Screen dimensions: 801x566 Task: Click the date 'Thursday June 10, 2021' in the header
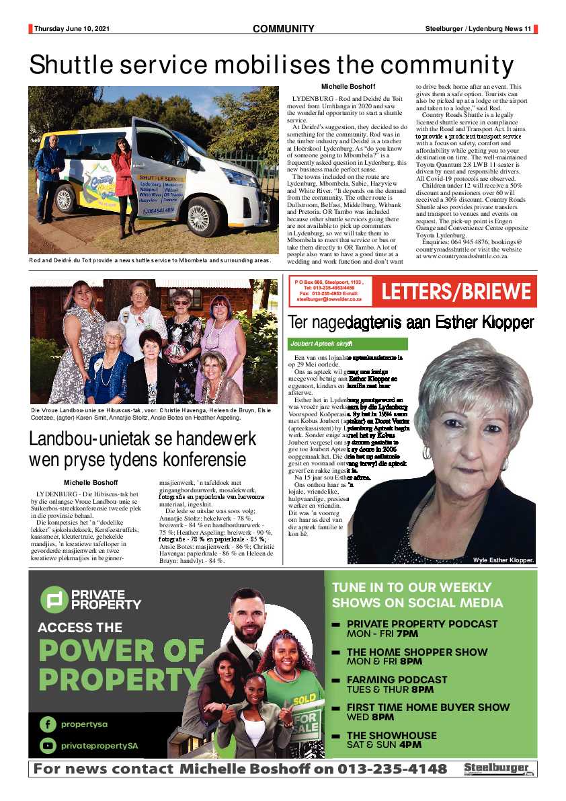[x=71, y=29]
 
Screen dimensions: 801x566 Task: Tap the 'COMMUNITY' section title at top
[x=283, y=29]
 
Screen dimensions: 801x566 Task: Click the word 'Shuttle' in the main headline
[x=74, y=65]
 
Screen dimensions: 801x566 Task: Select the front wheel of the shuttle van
[x=198, y=217]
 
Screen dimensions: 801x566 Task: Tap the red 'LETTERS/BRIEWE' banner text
[x=456, y=293]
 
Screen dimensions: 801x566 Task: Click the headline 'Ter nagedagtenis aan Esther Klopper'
[x=411, y=322]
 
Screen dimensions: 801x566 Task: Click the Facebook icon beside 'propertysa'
[x=48, y=724]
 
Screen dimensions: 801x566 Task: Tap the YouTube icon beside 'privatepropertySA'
[x=48, y=746]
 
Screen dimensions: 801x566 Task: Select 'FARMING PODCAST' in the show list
[x=397, y=679]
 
